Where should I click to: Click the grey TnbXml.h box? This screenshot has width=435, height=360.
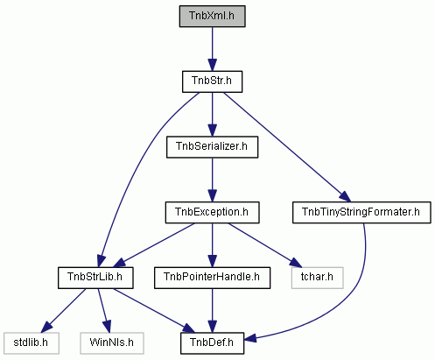point(212,16)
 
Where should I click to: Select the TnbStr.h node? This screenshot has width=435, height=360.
point(212,81)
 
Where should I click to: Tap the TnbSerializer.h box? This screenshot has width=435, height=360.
point(212,147)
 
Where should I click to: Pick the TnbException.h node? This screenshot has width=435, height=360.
point(212,213)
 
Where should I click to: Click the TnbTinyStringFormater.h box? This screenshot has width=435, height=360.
point(361,213)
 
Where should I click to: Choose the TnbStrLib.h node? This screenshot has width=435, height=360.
point(95,278)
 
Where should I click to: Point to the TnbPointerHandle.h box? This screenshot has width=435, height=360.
point(212,278)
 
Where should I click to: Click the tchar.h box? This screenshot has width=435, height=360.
point(317,278)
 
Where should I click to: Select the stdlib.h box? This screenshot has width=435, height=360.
point(32,343)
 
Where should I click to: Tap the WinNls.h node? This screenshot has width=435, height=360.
point(112,343)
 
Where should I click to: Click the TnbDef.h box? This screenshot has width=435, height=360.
point(212,343)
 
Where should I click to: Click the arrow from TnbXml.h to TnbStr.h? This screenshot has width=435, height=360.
point(212,49)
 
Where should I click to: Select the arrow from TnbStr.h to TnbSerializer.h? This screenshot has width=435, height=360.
point(212,115)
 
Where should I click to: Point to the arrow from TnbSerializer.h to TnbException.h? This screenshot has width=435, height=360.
point(212,180)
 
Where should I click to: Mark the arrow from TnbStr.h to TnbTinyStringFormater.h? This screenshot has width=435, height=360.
point(287,147)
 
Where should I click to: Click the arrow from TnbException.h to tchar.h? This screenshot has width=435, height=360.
point(264,245)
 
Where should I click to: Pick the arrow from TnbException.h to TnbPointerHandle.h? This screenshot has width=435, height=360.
point(212,245)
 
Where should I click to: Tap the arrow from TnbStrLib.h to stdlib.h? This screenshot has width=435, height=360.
point(63,311)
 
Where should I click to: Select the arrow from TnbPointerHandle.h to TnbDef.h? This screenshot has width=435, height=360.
point(212,311)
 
